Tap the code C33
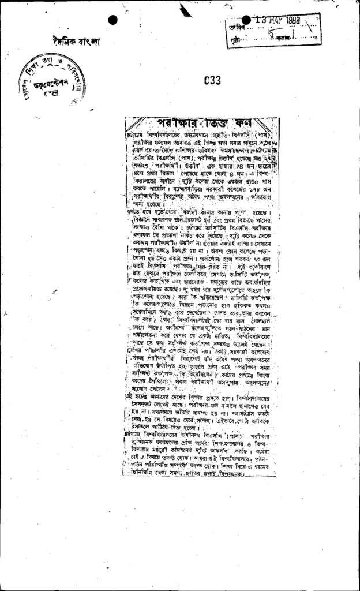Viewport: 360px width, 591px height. click(x=213, y=81)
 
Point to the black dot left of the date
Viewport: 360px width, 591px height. click(x=246, y=20)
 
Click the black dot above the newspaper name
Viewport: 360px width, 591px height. click(x=112, y=20)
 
